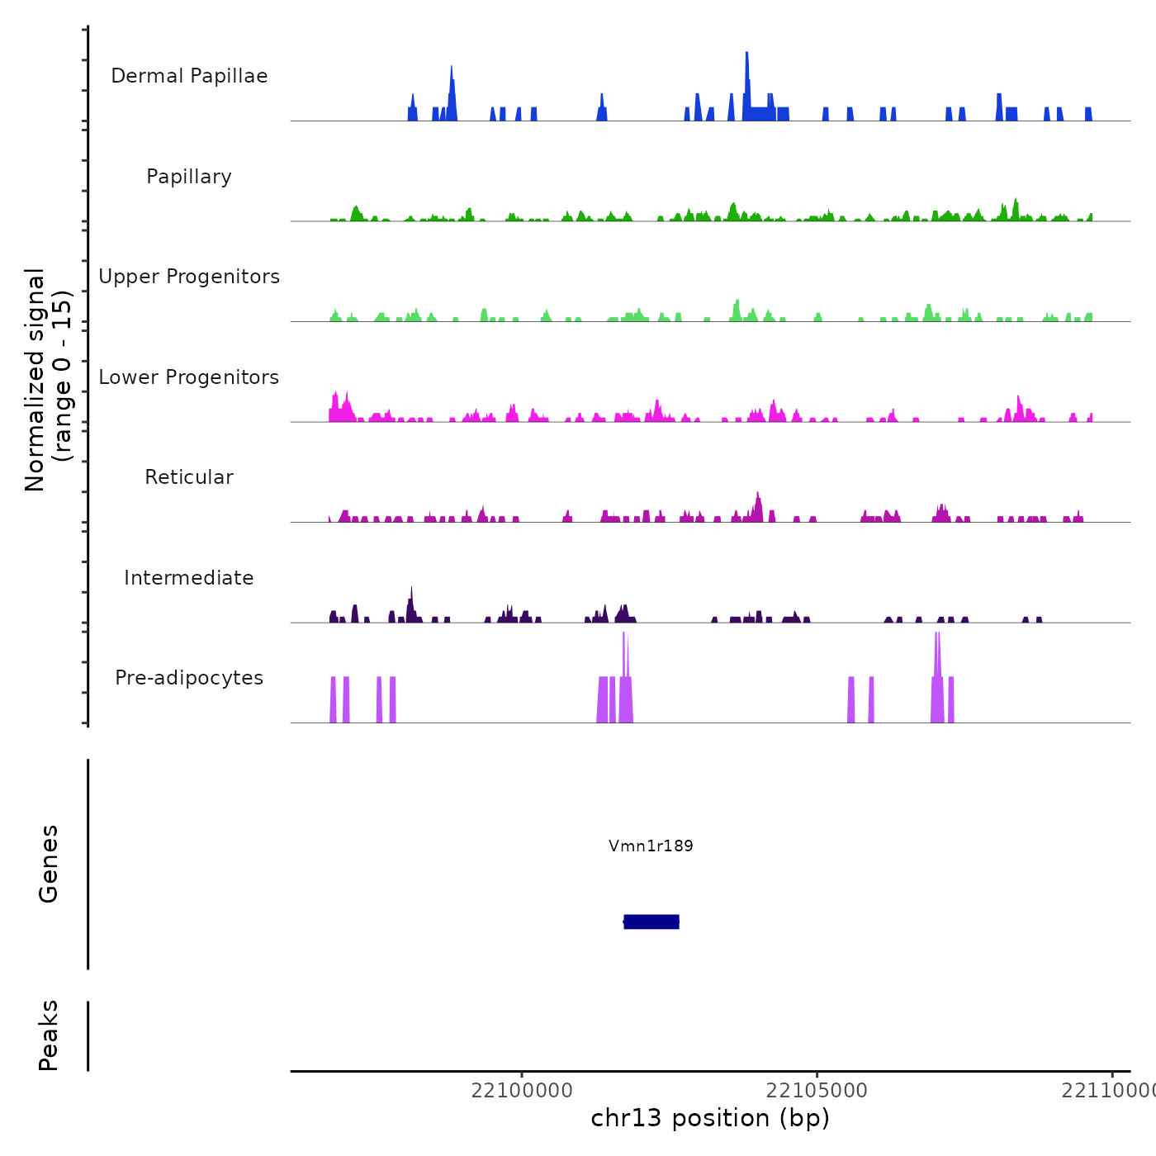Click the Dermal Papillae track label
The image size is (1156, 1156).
tap(189, 76)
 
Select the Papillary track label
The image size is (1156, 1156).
tap(189, 177)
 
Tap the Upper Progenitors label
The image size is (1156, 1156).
tap(189, 277)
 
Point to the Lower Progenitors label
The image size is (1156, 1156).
tap(189, 377)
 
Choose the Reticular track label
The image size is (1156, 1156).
tap(189, 477)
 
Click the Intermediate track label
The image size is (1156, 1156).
tap(189, 578)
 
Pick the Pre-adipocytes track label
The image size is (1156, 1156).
tap(189, 678)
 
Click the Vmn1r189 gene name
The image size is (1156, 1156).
tap(651, 846)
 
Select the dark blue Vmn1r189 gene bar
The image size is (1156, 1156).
tap(651, 921)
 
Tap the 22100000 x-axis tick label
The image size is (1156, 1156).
tap(522, 1091)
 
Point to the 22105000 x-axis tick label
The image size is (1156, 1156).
tap(817, 1091)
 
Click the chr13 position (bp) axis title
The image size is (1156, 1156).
tap(710, 1118)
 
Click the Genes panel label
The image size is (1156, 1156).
tap(49, 863)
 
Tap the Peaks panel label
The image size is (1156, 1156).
tap(49, 1035)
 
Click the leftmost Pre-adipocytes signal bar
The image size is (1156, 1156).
tap(333, 699)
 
